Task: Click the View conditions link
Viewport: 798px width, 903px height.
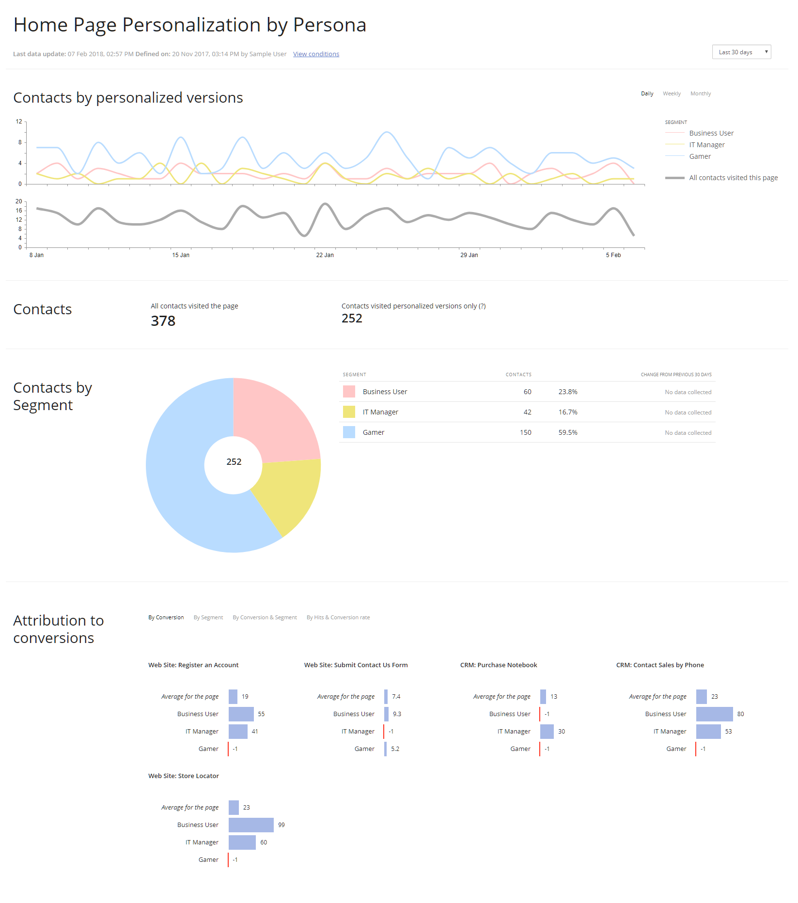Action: point(316,54)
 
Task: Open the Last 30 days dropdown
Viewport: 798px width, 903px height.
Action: point(741,52)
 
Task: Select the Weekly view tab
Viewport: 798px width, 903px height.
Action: point(672,94)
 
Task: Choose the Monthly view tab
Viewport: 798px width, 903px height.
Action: point(700,94)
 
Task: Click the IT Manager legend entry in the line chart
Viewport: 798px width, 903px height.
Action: point(706,145)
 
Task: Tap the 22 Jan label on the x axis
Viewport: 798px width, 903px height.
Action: point(325,255)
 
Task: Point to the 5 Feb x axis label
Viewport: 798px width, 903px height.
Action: point(613,255)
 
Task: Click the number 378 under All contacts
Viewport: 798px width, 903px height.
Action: point(163,321)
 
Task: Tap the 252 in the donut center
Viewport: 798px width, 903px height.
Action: point(234,462)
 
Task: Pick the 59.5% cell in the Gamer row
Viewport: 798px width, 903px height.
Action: point(567,432)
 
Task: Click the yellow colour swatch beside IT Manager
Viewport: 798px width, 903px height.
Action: point(349,412)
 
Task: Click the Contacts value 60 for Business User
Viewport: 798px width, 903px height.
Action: point(527,392)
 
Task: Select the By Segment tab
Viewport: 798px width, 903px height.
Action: point(208,618)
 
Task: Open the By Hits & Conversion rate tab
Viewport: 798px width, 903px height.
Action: point(338,618)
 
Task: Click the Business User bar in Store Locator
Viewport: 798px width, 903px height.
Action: point(251,825)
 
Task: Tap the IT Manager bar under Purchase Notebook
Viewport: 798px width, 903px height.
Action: point(547,732)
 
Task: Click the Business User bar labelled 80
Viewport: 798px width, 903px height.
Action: point(714,714)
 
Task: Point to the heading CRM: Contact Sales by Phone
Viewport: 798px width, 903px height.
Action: point(659,665)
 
